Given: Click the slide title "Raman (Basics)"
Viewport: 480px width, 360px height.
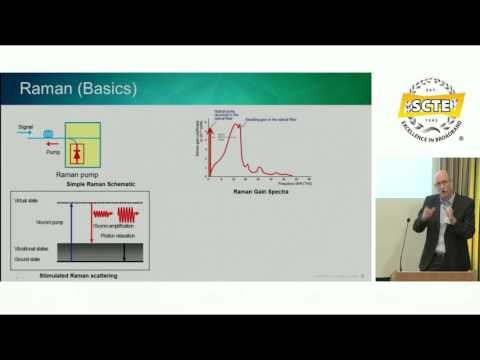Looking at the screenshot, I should pos(78,91).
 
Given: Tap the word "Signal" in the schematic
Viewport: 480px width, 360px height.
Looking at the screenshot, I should pos(26,126).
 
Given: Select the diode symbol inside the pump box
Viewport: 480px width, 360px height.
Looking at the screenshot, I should pos(77,153).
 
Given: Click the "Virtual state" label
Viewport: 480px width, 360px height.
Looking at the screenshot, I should pos(25,201).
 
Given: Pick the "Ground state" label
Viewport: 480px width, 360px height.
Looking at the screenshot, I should pos(25,258).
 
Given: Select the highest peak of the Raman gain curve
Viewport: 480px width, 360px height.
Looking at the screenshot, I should pos(236,124).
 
